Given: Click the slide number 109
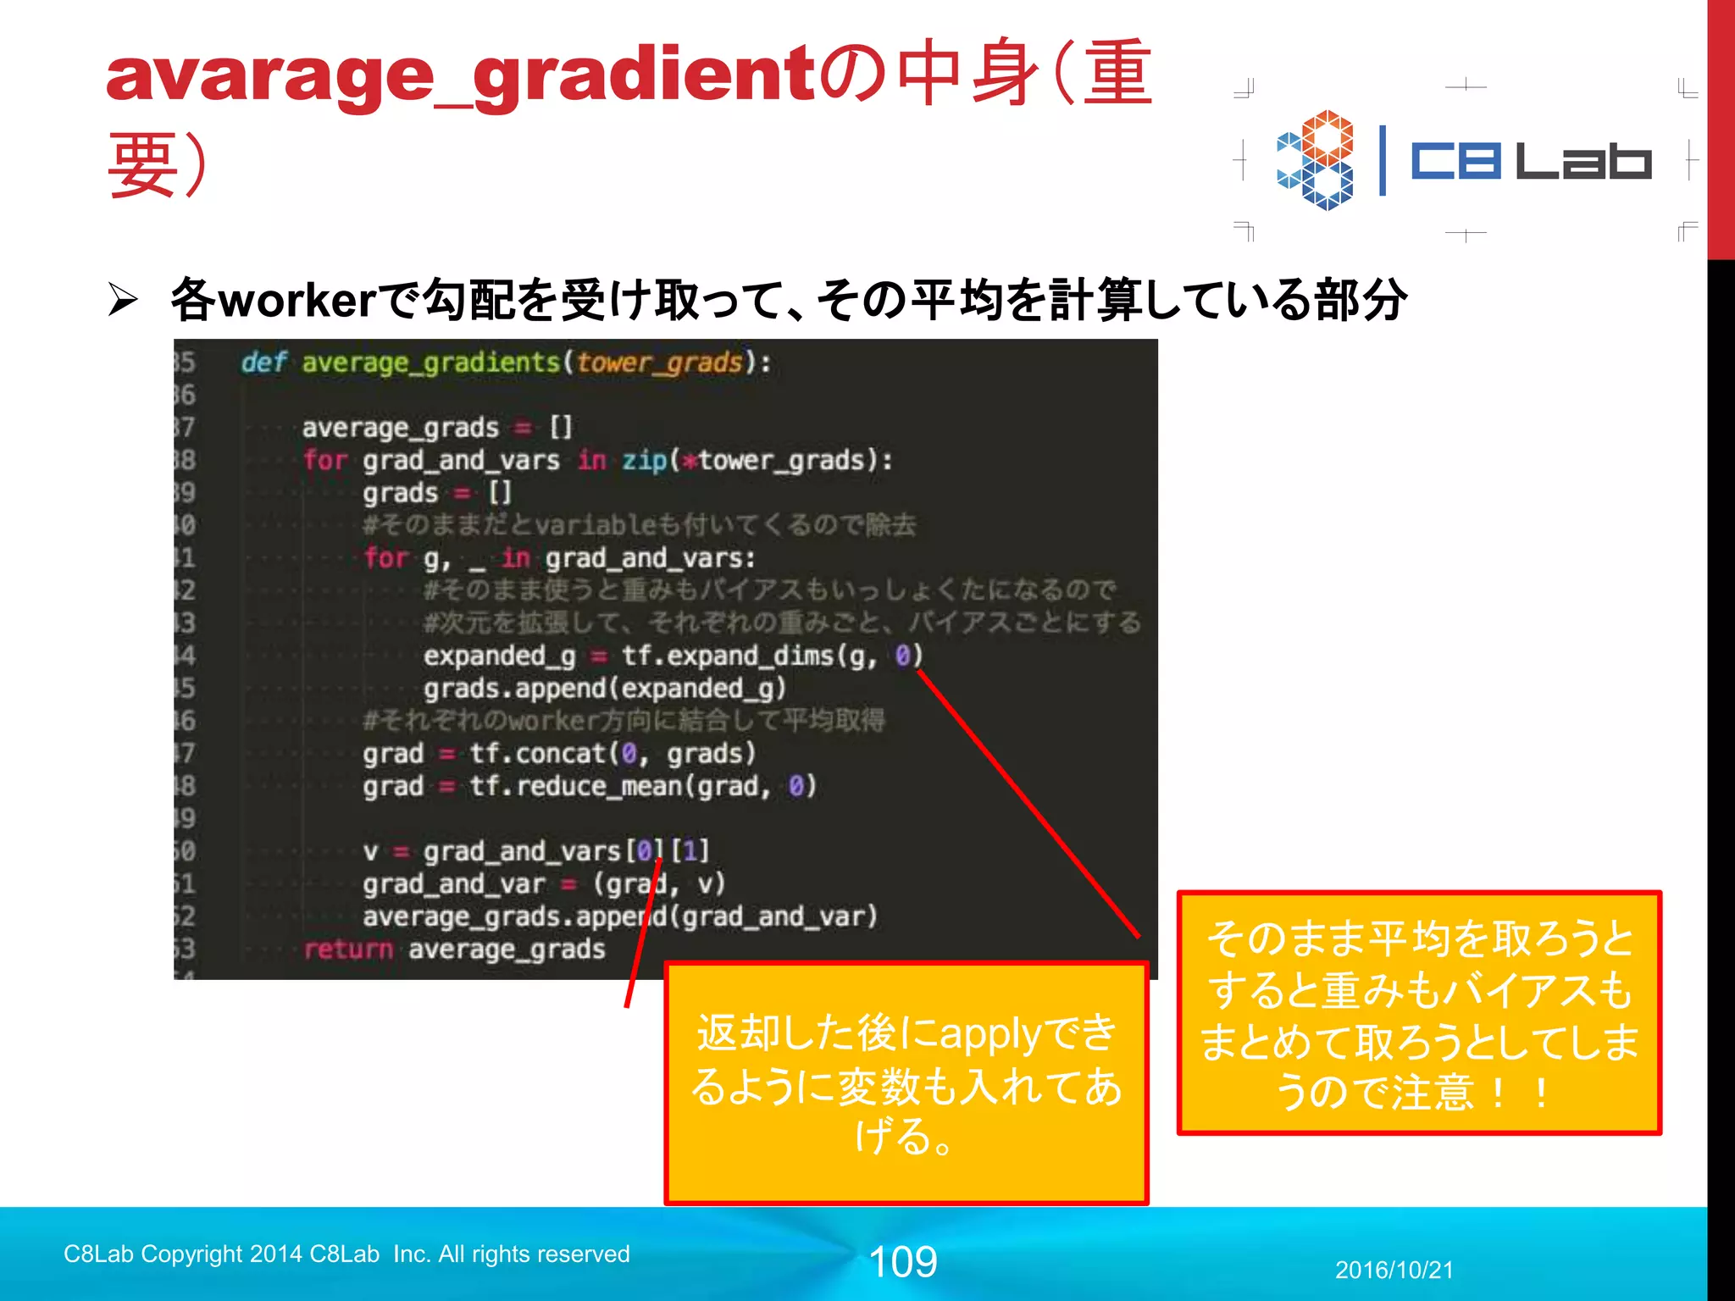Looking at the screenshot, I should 903,1262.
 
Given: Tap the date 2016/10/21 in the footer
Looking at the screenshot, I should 1394,1270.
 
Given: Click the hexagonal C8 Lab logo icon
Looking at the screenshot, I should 1316,160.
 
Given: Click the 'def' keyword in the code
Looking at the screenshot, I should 263,363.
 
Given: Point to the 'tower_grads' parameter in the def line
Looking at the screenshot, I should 659,363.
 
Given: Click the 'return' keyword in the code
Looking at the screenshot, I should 348,949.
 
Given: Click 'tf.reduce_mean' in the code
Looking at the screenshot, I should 576,787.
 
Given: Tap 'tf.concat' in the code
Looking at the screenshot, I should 538,754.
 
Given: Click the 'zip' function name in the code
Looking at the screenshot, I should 644,461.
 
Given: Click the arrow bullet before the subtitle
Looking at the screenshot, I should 123,300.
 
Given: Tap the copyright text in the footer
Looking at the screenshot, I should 346,1254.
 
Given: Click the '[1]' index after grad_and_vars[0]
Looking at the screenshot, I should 690,851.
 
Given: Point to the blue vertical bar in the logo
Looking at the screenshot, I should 1383,160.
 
